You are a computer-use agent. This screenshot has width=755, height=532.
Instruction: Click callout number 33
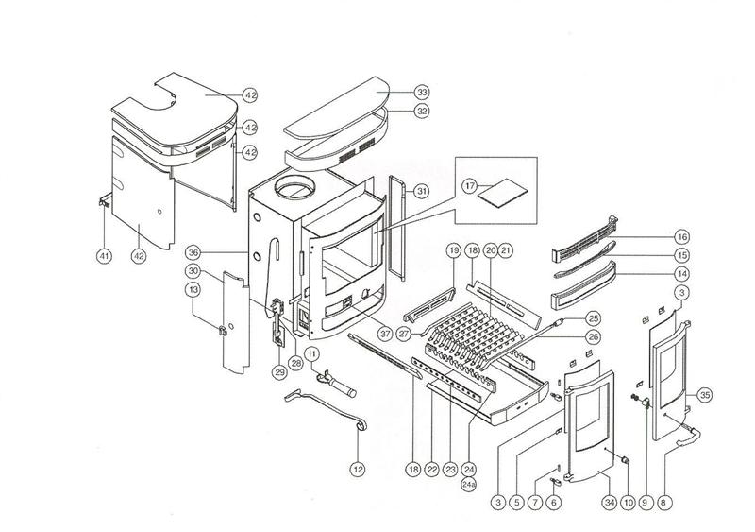click(422, 93)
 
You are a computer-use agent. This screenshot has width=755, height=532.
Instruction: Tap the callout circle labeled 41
click(102, 255)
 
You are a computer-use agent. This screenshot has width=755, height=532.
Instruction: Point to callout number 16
click(681, 236)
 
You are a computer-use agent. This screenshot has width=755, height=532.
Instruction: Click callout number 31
click(422, 191)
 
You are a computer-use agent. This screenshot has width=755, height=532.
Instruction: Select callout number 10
click(625, 502)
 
